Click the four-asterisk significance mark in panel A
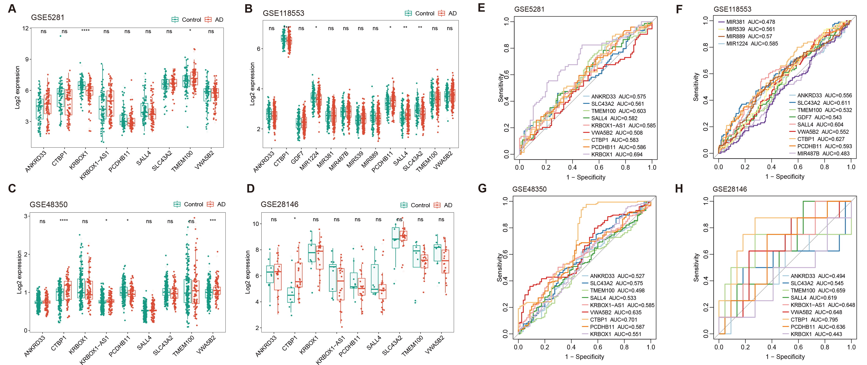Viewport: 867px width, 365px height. [86, 31]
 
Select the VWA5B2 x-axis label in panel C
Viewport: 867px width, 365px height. [206, 344]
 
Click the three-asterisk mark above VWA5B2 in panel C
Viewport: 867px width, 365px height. [213, 221]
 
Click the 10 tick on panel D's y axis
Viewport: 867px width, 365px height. [256, 224]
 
